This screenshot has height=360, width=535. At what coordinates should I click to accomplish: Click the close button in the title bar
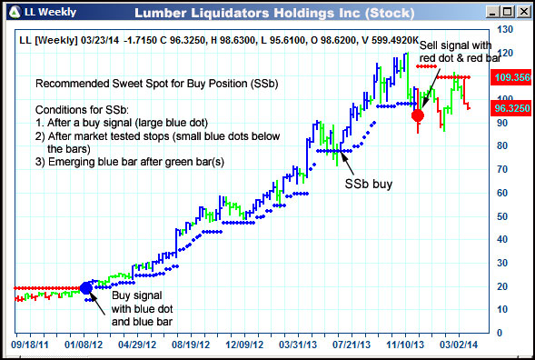(x=522, y=13)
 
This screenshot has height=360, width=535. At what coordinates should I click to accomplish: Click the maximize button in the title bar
(x=506, y=13)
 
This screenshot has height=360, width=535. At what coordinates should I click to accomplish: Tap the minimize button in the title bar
(x=490, y=13)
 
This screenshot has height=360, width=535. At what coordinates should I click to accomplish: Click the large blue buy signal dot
(x=87, y=288)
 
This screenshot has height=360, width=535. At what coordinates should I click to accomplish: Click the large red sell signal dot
(x=418, y=115)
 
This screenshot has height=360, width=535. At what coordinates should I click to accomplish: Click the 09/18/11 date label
(x=30, y=345)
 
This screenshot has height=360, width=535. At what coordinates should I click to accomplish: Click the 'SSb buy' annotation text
(x=370, y=184)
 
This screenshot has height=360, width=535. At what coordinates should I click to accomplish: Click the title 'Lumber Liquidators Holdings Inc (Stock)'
(x=273, y=13)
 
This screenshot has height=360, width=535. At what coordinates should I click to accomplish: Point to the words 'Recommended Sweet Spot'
(x=102, y=83)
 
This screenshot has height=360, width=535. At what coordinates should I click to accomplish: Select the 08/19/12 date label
(x=192, y=345)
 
